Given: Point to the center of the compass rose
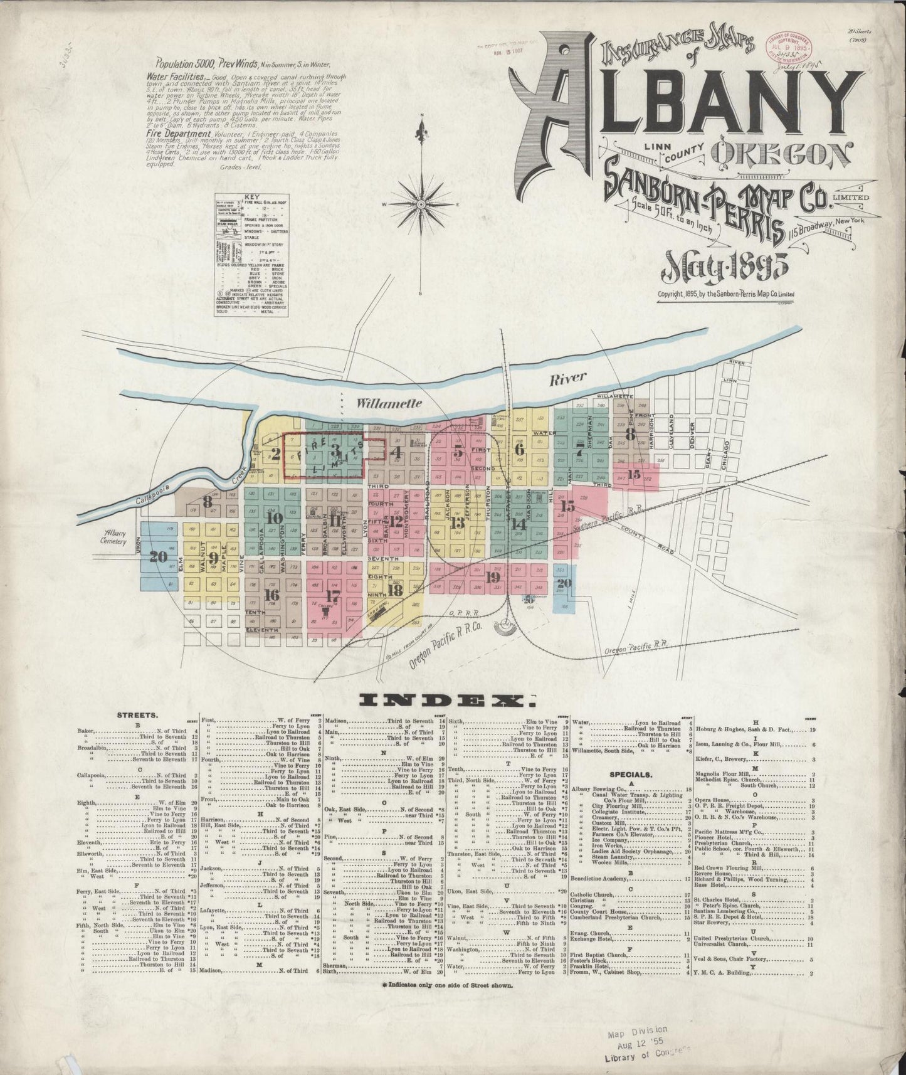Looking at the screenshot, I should [422, 204].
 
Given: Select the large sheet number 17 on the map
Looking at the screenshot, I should [333, 595].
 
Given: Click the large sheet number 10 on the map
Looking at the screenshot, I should [274, 518].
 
